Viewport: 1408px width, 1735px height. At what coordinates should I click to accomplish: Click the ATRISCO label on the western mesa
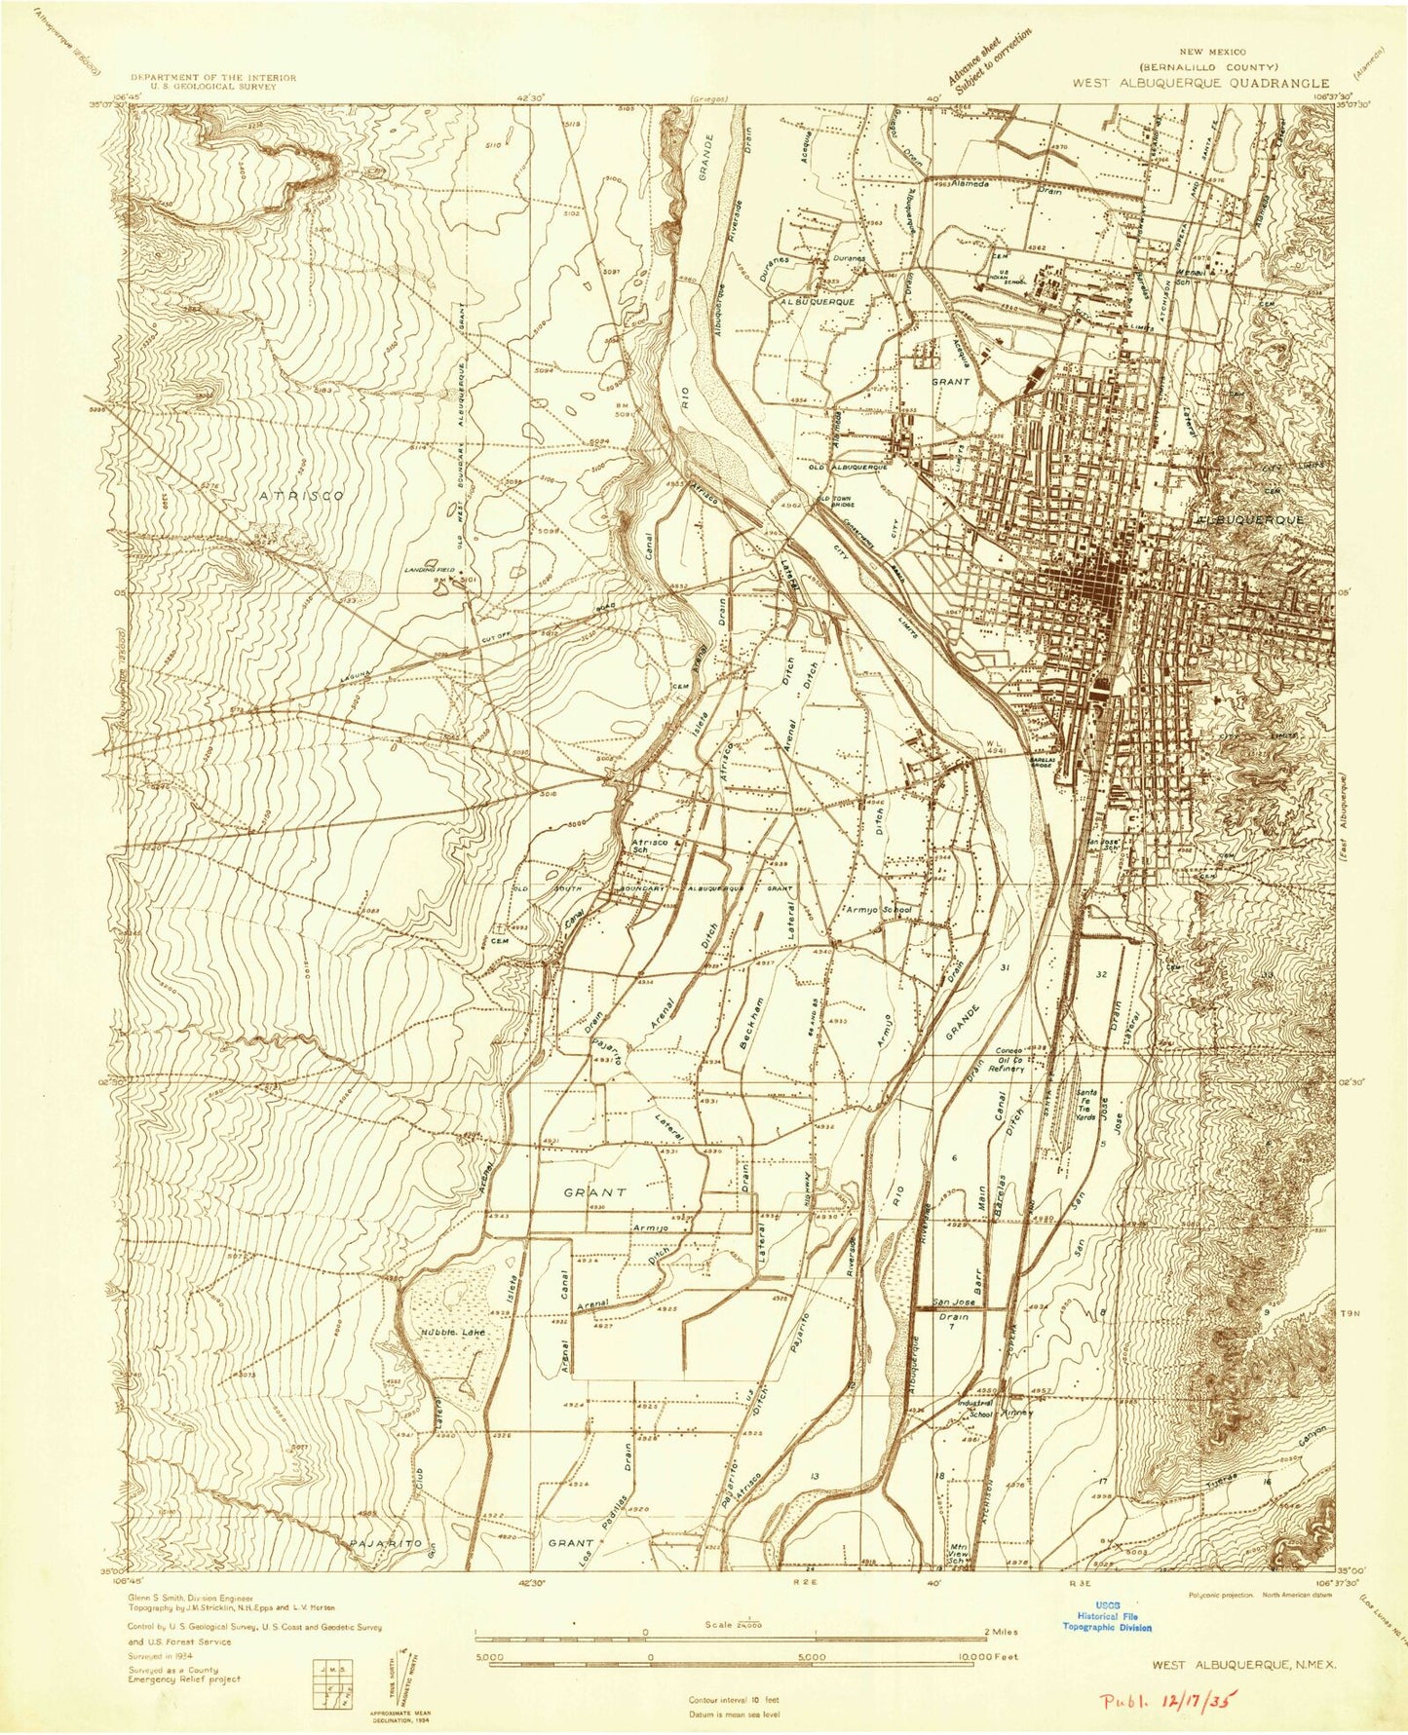[302, 496]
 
